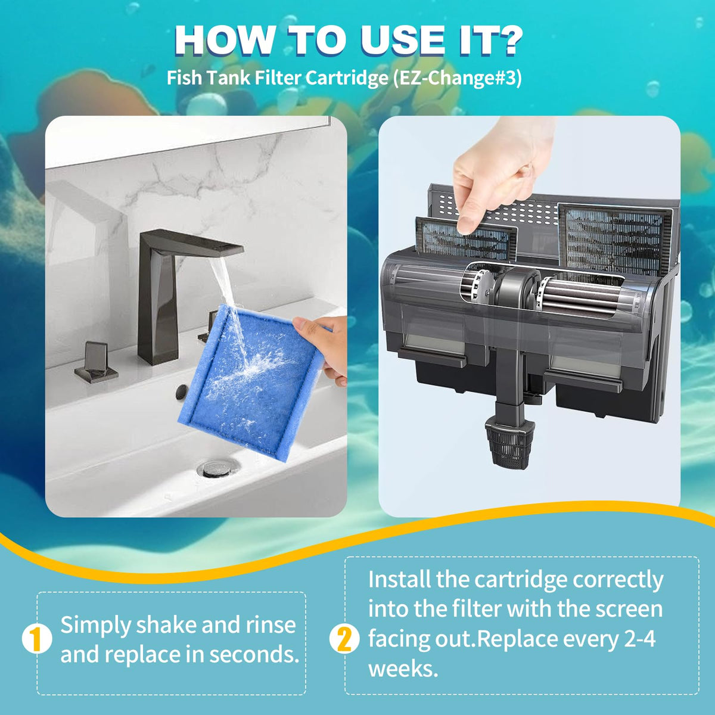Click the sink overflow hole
click(182, 391)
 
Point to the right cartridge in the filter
click(615, 241)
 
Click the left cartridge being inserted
click(467, 240)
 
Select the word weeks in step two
click(403, 669)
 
